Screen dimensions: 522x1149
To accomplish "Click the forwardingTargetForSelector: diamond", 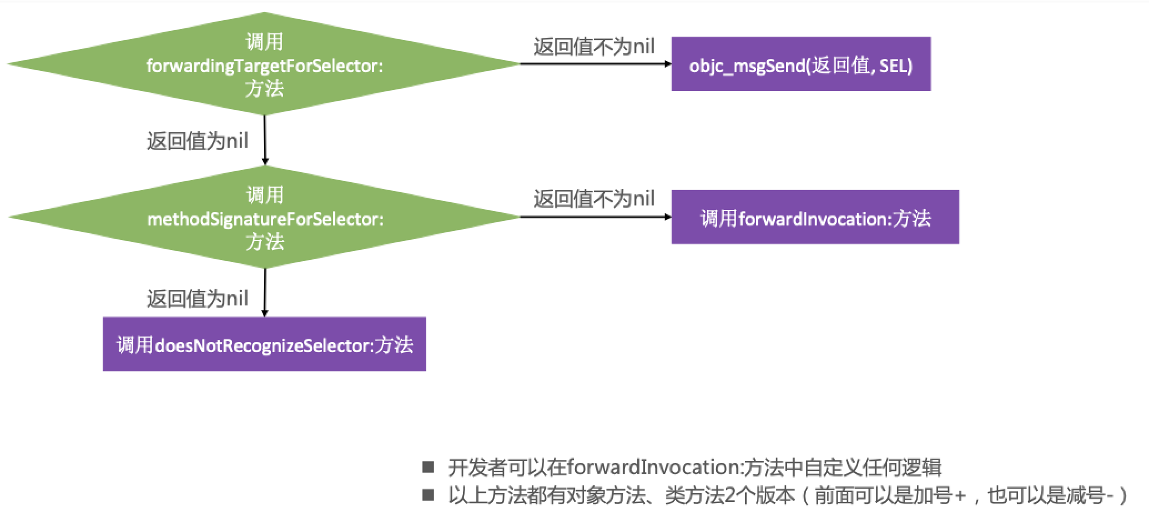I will click(x=264, y=64).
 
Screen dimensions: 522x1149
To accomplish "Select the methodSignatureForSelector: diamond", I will click(x=264, y=218).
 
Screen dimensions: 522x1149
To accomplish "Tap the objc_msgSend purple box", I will click(x=800, y=64).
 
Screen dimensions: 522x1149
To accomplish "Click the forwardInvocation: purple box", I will click(x=815, y=218).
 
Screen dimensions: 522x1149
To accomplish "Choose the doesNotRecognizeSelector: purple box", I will click(x=264, y=344).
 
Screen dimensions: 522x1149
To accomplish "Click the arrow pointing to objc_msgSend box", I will click(x=594, y=64).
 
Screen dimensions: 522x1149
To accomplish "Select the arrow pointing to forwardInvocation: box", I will click(x=594, y=217).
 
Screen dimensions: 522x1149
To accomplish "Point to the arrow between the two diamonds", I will click(x=265, y=140).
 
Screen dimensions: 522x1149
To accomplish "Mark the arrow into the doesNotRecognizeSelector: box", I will click(x=265, y=293).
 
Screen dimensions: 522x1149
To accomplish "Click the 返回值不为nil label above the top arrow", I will click(x=594, y=47).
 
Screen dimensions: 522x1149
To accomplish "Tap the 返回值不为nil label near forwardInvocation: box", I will click(x=594, y=199).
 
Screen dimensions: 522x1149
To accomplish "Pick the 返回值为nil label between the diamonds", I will click(x=197, y=141).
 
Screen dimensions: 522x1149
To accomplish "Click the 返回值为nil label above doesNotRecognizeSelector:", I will click(x=197, y=299).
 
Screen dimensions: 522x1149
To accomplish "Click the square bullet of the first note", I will click(x=427, y=467).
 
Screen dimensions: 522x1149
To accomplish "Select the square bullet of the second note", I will click(x=427, y=495).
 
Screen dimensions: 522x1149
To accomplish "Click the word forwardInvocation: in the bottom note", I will click(x=654, y=467).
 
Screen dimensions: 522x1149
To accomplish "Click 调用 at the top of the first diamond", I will click(x=264, y=42).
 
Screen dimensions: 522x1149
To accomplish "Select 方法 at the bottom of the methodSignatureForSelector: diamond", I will click(x=264, y=242).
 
